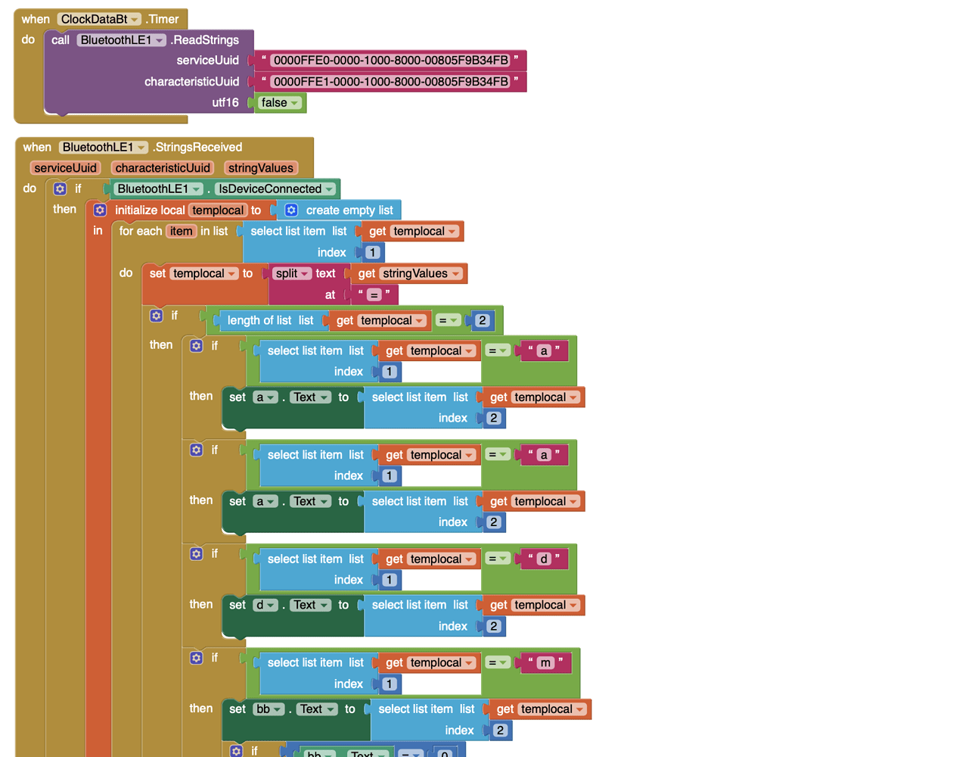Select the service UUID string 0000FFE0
pos(390,61)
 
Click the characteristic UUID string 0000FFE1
pos(390,82)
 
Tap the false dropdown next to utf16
pos(280,103)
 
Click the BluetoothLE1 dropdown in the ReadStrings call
pos(122,40)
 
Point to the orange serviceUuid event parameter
pos(65,168)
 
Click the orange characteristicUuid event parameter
pos(163,168)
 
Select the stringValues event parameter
pos(260,168)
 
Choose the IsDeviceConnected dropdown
pos(276,189)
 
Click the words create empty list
pos(349,210)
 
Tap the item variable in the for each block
pos(181,232)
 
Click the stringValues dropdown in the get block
pos(421,274)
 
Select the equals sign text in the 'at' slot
pos(374,295)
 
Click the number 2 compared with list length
pos(482,321)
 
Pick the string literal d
pos(543,559)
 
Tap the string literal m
pos(545,663)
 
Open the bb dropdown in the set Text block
pos(268,709)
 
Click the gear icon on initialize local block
pos(100,210)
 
